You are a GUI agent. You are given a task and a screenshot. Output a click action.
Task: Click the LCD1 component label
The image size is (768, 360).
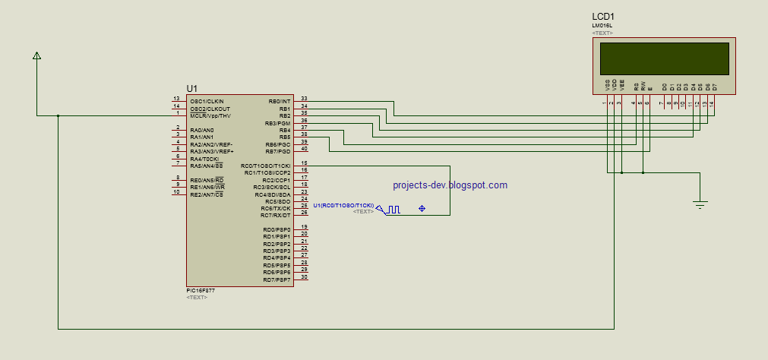click(x=603, y=17)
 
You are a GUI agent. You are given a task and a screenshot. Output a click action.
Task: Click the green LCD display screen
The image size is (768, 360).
click(x=665, y=57)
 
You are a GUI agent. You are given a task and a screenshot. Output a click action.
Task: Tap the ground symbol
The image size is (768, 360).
click(x=700, y=204)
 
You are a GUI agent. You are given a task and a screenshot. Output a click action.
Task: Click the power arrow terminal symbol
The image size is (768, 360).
click(x=36, y=55)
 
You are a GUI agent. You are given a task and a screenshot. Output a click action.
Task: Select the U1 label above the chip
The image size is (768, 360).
click(x=191, y=89)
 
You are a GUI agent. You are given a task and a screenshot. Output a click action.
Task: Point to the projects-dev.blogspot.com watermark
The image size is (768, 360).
click(x=450, y=185)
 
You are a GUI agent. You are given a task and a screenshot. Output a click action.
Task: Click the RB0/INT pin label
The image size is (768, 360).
click(x=280, y=101)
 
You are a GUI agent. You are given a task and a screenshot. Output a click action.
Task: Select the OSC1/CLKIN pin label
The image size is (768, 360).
click(x=207, y=101)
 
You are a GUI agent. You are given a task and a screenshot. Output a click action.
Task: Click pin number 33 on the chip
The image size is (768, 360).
click(x=304, y=98)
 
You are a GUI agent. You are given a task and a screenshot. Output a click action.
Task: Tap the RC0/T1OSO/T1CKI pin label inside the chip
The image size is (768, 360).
click(x=266, y=166)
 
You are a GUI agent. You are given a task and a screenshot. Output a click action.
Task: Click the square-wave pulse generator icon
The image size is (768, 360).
click(x=392, y=210)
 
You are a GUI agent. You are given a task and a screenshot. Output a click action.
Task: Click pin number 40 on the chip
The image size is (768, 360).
click(x=304, y=148)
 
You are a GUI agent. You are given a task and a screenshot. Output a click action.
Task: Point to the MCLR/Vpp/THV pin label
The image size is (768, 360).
click(x=210, y=115)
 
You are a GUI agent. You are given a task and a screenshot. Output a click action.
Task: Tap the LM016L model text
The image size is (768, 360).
click(x=602, y=26)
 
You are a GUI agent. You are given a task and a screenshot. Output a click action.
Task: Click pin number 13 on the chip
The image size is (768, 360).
click(x=176, y=99)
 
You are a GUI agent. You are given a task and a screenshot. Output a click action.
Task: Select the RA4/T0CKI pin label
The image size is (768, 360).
click(x=204, y=159)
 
